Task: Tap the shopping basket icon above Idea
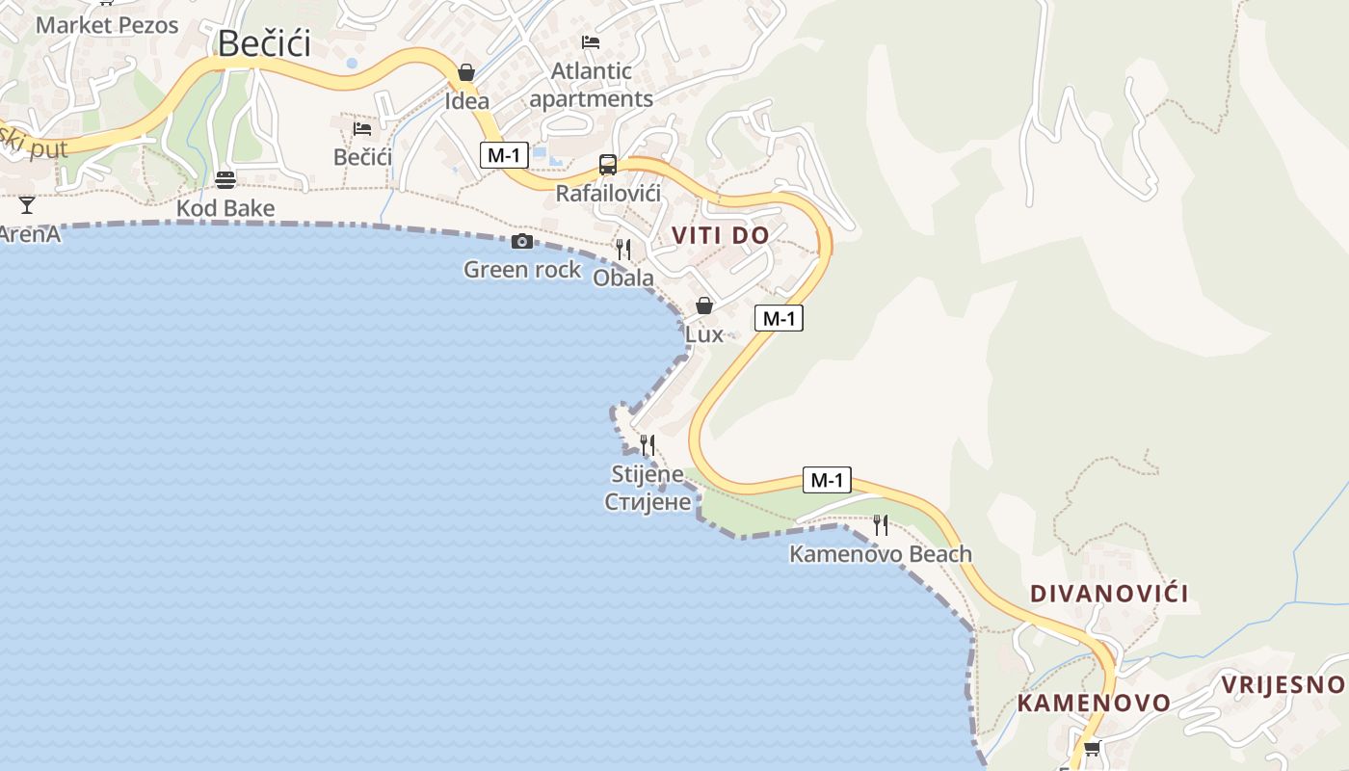(466, 72)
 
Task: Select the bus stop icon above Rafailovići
(608, 165)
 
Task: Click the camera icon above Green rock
(522, 241)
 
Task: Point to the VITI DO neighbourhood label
(721, 235)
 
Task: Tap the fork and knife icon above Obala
(623, 250)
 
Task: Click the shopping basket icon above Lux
(704, 306)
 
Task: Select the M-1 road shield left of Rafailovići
(504, 154)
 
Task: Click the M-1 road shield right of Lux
(779, 318)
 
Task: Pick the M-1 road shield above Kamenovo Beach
(827, 480)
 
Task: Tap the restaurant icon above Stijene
(648, 445)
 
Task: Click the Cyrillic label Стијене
(648, 501)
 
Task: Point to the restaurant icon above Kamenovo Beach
(880, 525)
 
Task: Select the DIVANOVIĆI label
(1109, 594)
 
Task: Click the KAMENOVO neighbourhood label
(1094, 703)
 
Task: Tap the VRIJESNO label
(1283, 684)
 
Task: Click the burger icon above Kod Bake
(225, 180)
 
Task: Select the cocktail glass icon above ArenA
(27, 205)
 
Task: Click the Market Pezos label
(107, 25)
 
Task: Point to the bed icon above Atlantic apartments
(591, 42)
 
